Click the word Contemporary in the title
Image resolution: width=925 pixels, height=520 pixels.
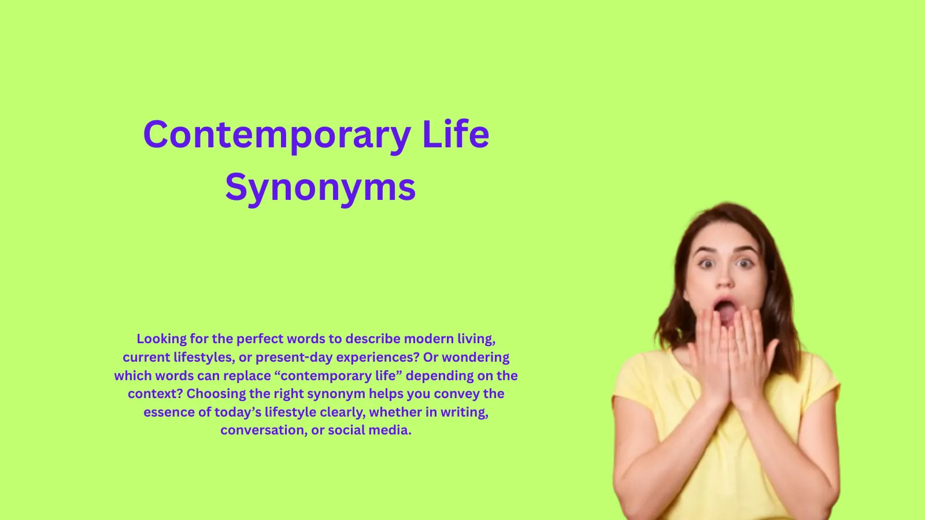coord(277,135)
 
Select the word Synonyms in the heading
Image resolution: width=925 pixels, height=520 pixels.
coord(320,187)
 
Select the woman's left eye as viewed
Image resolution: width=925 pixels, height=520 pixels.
coord(706,263)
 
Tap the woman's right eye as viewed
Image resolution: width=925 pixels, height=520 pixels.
coord(745,263)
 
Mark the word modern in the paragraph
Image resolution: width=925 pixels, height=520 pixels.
coord(428,339)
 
